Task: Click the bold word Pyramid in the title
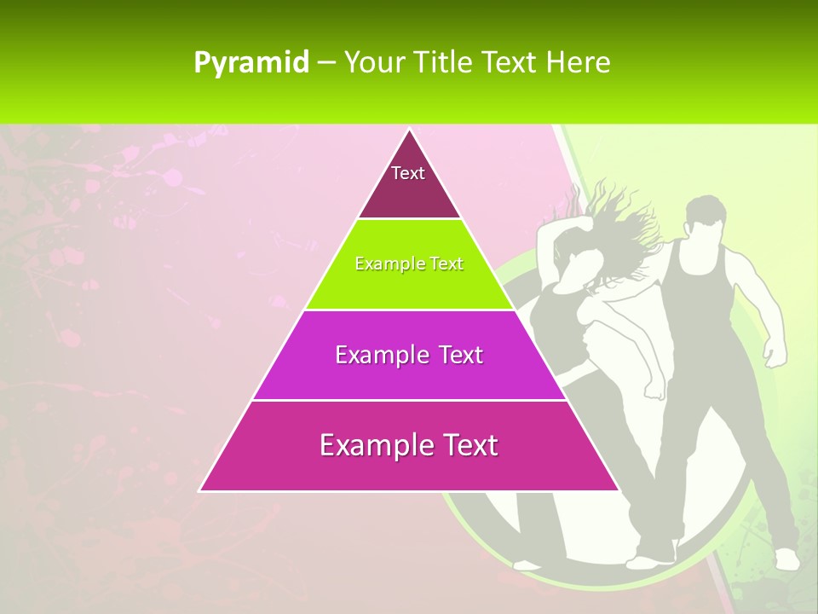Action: click(x=251, y=62)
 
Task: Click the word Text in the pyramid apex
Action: click(x=408, y=173)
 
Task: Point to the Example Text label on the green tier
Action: click(x=409, y=264)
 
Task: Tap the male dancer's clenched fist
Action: click(x=774, y=351)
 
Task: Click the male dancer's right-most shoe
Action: click(x=786, y=559)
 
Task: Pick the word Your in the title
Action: click(x=374, y=62)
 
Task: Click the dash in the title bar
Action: click(x=326, y=62)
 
